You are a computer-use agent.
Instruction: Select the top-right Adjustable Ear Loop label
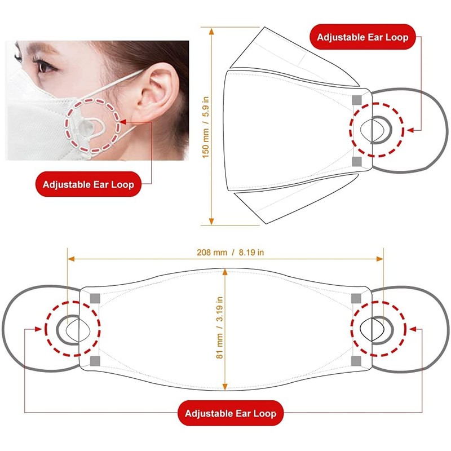point(362,38)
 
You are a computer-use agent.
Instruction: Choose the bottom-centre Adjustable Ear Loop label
point(231,413)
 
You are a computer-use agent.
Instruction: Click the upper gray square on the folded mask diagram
point(356,100)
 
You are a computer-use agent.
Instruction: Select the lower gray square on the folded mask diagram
point(356,162)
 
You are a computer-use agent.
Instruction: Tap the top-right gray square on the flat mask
point(356,297)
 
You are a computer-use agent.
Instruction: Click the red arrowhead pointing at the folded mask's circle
point(410,130)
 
